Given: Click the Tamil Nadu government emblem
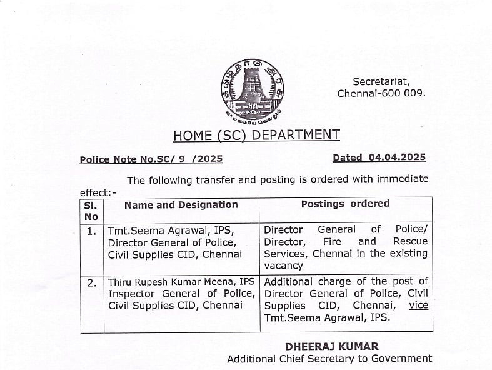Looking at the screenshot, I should pyautogui.click(x=252, y=89).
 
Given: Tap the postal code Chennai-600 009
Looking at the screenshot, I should pyautogui.click(x=381, y=93).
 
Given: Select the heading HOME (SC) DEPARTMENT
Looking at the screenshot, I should pyautogui.click(x=256, y=135).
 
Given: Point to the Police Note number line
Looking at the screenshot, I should pyautogui.click(x=151, y=159).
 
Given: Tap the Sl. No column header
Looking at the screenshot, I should pyautogui.click(x=91, y=210).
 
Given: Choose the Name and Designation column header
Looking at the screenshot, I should pyautogui.click(x=181, y=205).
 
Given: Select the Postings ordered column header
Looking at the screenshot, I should pyautogui.click(x=345, y=204).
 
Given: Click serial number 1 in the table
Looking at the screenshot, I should pyautogui.click(x=91, y=231).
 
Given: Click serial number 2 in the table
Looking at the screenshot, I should pyautogui.click(x=91, y=282).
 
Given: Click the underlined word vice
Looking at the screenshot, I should pyautogui.click(x=418, y=306).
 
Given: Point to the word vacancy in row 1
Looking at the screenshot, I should pyautogui.click(x=283, y=266).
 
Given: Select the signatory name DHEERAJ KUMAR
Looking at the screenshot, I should pyautogui.click(x=331, y=346).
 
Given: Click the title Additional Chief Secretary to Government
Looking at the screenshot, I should pyautogui.click(x=329, y=359).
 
